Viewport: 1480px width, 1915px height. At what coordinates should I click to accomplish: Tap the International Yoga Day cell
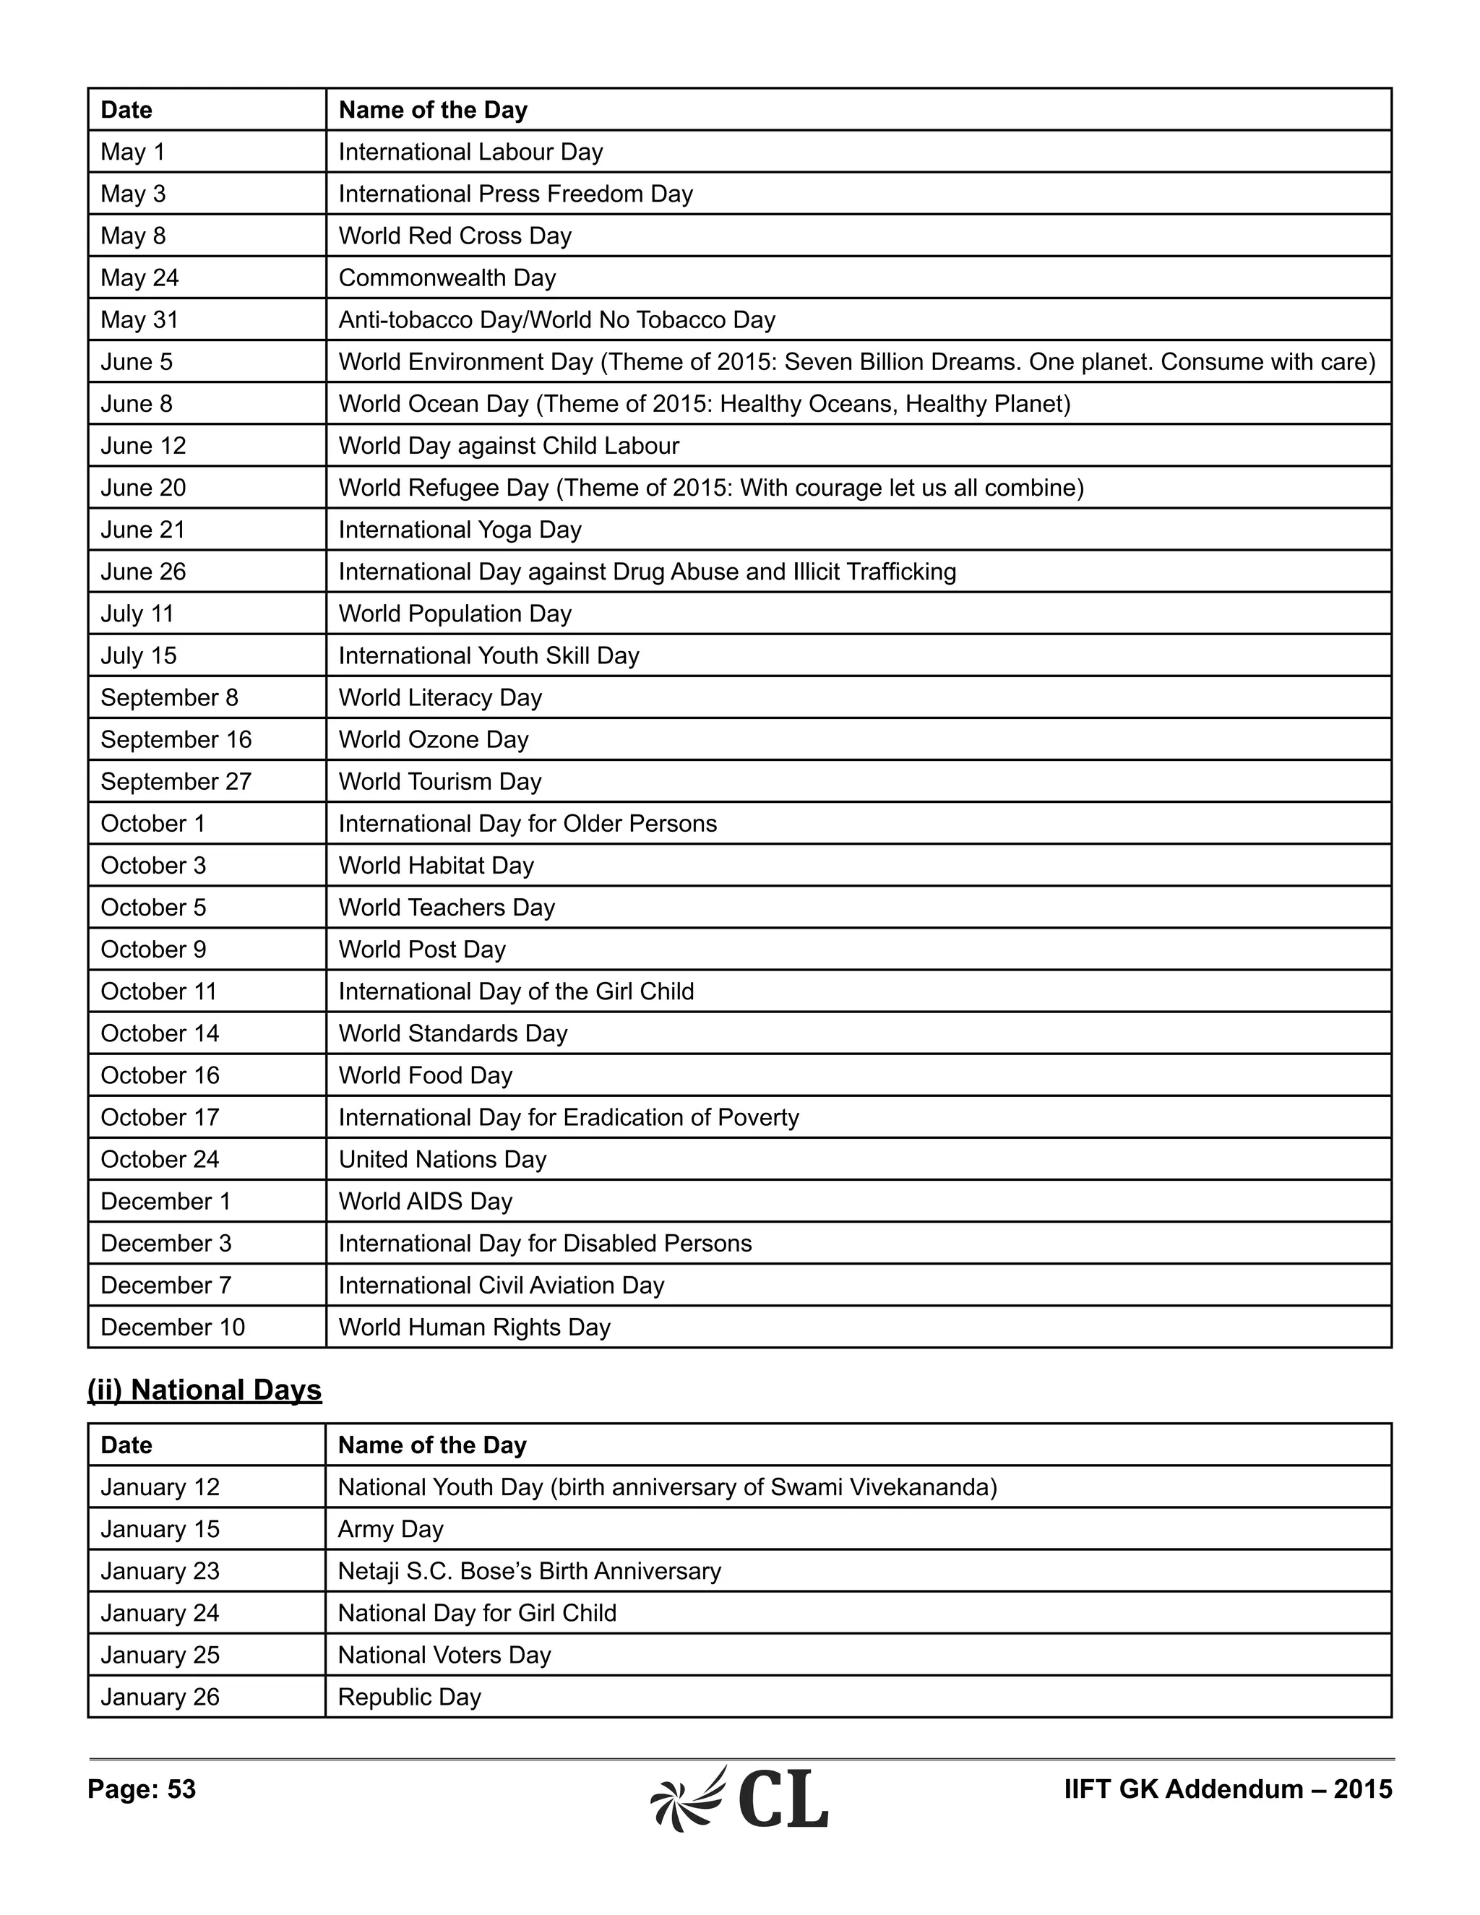460,530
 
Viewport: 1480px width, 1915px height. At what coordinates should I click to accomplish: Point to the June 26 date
143,572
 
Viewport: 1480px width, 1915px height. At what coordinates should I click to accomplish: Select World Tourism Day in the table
439,781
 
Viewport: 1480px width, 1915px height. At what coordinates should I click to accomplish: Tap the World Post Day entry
422,950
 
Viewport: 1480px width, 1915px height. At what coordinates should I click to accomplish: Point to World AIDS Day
425,1201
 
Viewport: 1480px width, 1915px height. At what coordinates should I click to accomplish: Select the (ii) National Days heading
205,1390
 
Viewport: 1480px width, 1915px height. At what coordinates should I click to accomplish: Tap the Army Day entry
390,1529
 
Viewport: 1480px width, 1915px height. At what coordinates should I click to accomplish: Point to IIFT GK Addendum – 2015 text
1228,1789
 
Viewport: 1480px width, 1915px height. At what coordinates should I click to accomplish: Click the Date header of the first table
126,110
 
